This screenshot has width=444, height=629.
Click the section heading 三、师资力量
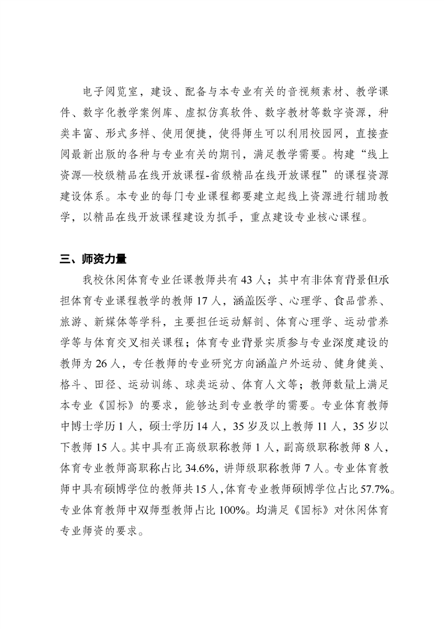click(x=94, y=259)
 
